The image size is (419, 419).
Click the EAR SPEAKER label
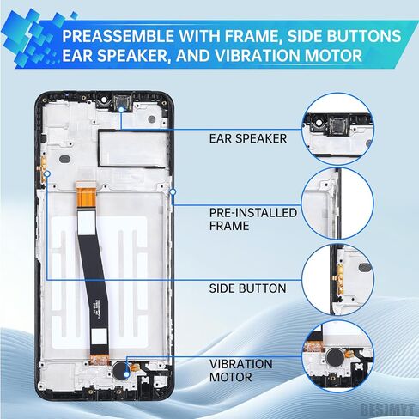pyautogui.click(x=248, y=138)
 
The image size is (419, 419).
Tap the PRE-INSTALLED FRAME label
pyautogui.click(x=253, y=219)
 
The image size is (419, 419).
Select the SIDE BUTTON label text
pyautogui.click(x=247, y=288)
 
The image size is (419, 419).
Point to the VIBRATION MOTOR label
pyautogui.click(x=240, y=371)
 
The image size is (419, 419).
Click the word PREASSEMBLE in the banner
pyautogui.click(x=118, y=36)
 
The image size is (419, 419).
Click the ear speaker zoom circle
pyautogui.click(x=337, y=129)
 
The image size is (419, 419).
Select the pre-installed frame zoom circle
pyautogui.click(x=337, y=203)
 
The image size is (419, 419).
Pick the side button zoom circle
pyautogui.click(x=337, y=279)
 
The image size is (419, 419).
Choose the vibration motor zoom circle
pyautogui.click(x=337, y=355)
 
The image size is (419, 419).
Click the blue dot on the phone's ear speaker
pyautogui.click(x=121, y=109)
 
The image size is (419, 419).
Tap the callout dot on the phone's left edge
pyautogui.click(x=47, y=173)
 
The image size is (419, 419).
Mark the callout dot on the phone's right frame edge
pyautogui.click(x=173, y=191)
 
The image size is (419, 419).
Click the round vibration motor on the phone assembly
pyautogui.click(x=120, y=369)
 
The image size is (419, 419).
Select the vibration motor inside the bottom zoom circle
pyautogui.click(x=335, y=356)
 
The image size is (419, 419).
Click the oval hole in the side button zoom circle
pyautogui.click(x=365, y=268)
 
